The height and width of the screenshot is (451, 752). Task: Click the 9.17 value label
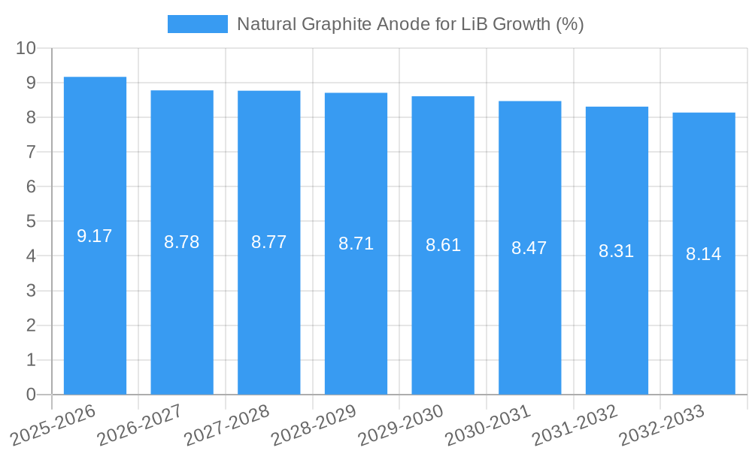[95, 236]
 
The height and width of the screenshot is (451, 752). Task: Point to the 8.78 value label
[182, 242]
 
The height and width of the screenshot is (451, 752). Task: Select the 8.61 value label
[443, 245]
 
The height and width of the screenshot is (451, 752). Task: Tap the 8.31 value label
[617, 251]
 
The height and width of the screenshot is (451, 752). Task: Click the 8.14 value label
[704, 254]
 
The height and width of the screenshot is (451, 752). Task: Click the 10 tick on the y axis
[26, 48]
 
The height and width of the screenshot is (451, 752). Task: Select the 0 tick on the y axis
[31, 395]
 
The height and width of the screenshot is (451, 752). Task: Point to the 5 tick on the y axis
[31, 222]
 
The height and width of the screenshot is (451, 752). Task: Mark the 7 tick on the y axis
[31, 153]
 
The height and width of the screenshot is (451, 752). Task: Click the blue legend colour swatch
[197, 24]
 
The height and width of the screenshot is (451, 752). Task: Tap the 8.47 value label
[529, 248]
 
